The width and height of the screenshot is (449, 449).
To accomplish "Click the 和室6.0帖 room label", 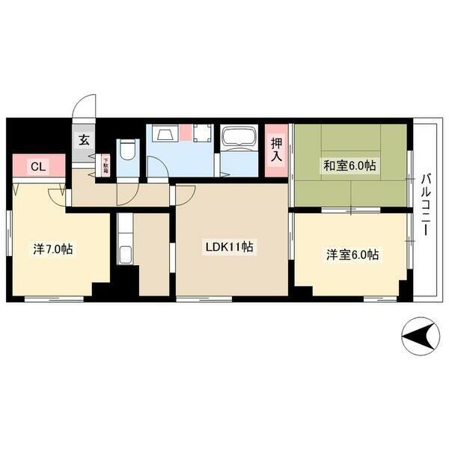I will (x=349, y=166).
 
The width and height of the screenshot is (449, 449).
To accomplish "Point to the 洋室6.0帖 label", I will (x=352, y=254).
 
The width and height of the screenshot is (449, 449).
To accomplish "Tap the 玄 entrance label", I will (x=84, y=140).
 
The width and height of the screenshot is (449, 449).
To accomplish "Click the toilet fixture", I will (x=128, y=152).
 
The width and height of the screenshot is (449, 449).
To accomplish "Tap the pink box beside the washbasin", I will (x=184, y=135).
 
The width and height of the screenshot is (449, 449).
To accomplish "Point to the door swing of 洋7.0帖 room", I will (x=57, y=195).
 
